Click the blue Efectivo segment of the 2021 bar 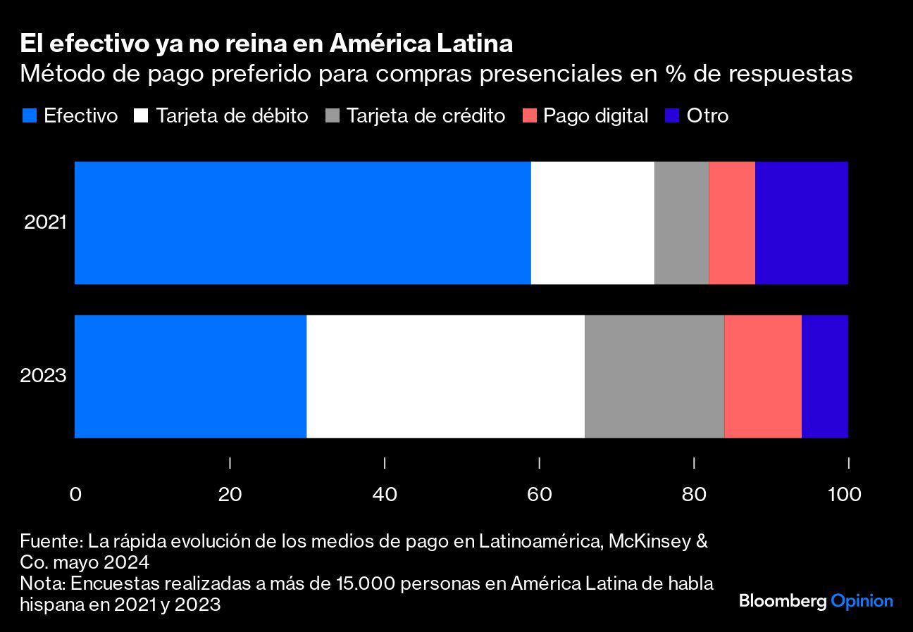coord(302,222)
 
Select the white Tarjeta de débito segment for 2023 coord(445,376)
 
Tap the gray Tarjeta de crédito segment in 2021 coord(681,222)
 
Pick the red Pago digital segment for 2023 coord(762,376)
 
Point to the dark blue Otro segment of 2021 coord(801,222)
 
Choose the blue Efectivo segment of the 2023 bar coord(190,376)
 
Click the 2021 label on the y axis coord(45,222)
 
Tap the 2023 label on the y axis coord(43,375)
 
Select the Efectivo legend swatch coord(30,115)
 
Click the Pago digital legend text coord(595,115)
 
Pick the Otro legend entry coord(707,115)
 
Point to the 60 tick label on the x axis coord(539,495)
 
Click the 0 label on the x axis coord(75,495)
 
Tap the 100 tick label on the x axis coord(845,495)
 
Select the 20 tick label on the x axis coord(230,495)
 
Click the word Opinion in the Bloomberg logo coord(862,602)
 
